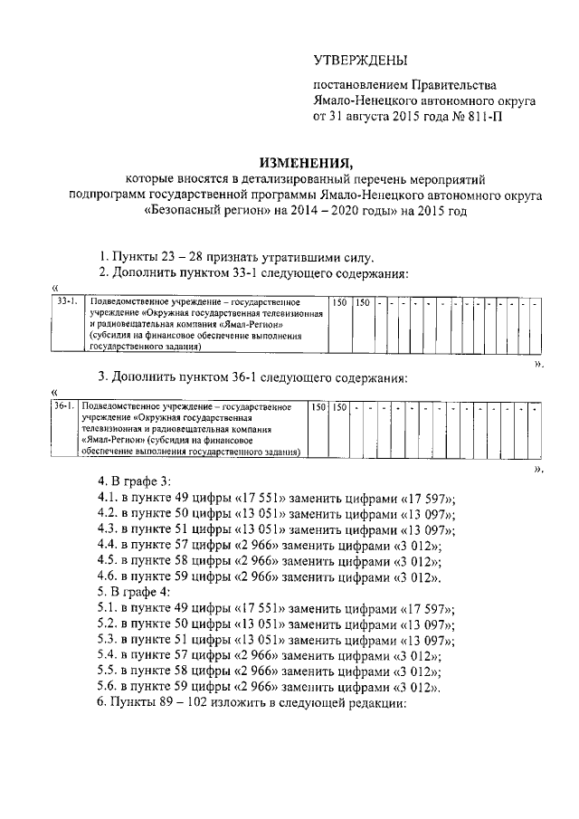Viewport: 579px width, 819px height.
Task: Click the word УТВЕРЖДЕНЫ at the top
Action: pyautogui.click(x=360, y=61)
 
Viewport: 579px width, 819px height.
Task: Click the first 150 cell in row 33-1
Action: pyautogui.click(x=338, y=300)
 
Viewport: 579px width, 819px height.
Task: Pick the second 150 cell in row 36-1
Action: pyautogui.click(x=340, y=409)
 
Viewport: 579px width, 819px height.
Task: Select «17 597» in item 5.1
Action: pyautogui.click(x=424, y=607)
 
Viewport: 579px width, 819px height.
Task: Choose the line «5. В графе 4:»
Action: pyautogui.click(x=134, y=592)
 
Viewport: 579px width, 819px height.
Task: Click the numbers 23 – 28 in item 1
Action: pyautogui.click(x=176, y=256)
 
